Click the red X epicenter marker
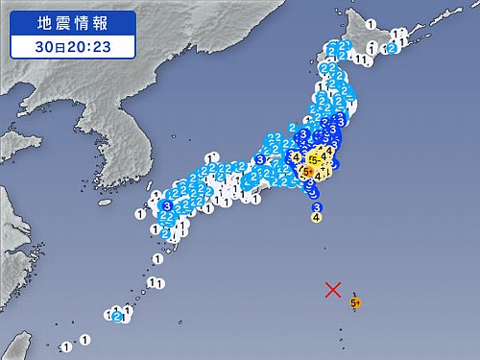tap(333, 289)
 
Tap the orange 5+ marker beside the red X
tap(355, 302)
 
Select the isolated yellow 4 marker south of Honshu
tap(317, 217)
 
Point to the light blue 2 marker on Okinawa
tap(117, 316)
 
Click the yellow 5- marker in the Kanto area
tap(314, 159)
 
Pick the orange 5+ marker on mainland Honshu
tap(306, 172)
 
